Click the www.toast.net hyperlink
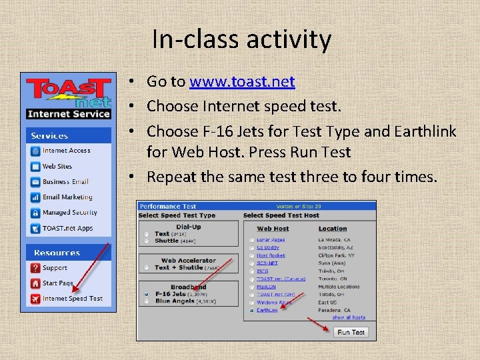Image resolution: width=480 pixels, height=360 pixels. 241,82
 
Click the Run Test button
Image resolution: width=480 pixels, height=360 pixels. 351,332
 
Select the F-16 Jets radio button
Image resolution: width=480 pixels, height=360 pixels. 146,293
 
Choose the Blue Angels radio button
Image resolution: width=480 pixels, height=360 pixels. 146,301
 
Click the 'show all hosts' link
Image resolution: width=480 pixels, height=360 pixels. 349,318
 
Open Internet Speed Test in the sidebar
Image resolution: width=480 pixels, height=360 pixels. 72,299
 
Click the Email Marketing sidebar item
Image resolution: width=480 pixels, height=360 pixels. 67,197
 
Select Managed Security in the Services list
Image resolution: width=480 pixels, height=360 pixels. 69,213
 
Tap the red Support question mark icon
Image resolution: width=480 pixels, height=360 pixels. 35,268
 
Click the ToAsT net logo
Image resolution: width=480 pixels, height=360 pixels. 68,93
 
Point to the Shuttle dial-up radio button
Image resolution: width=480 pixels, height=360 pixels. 146,241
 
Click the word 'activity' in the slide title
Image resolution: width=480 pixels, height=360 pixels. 287,40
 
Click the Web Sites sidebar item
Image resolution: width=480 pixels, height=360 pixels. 57,167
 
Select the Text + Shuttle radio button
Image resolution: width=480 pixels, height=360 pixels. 146,267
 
